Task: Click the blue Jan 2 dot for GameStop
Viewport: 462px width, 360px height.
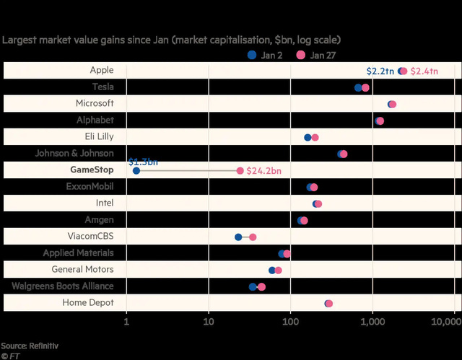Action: [136, 171]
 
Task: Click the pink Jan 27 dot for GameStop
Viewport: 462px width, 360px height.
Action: [240, 171]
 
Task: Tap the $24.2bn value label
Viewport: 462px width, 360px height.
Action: [263, 171]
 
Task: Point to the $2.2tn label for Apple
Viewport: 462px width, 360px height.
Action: [380, 71]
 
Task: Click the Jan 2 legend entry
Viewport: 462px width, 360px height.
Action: [266, 55]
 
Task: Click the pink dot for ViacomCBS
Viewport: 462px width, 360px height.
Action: [252, 237]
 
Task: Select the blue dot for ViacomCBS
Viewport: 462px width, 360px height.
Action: [238, 237]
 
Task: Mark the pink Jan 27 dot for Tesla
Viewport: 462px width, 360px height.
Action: [365, 87]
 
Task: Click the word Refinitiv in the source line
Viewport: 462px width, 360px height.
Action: [43, 346]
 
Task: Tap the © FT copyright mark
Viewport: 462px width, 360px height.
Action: [9, 356]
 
